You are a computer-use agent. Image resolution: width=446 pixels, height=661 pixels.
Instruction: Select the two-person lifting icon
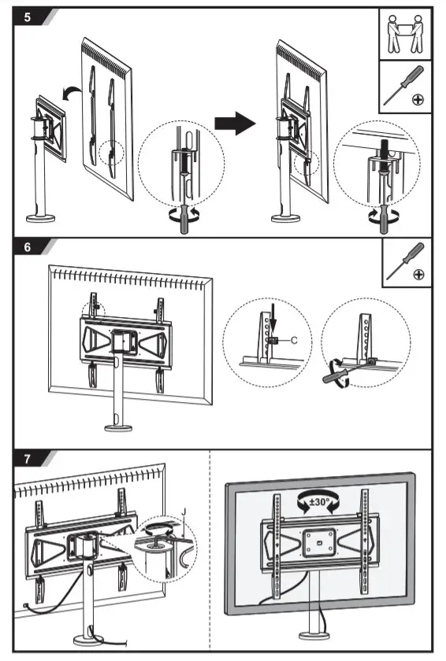406,34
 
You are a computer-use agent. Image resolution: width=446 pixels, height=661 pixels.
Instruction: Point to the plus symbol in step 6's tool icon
418,274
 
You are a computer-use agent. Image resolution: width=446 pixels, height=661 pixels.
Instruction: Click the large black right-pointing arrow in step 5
236,123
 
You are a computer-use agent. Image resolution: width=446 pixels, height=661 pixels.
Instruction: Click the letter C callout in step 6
294,340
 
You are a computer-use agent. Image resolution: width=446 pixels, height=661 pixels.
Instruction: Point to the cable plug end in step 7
27,605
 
